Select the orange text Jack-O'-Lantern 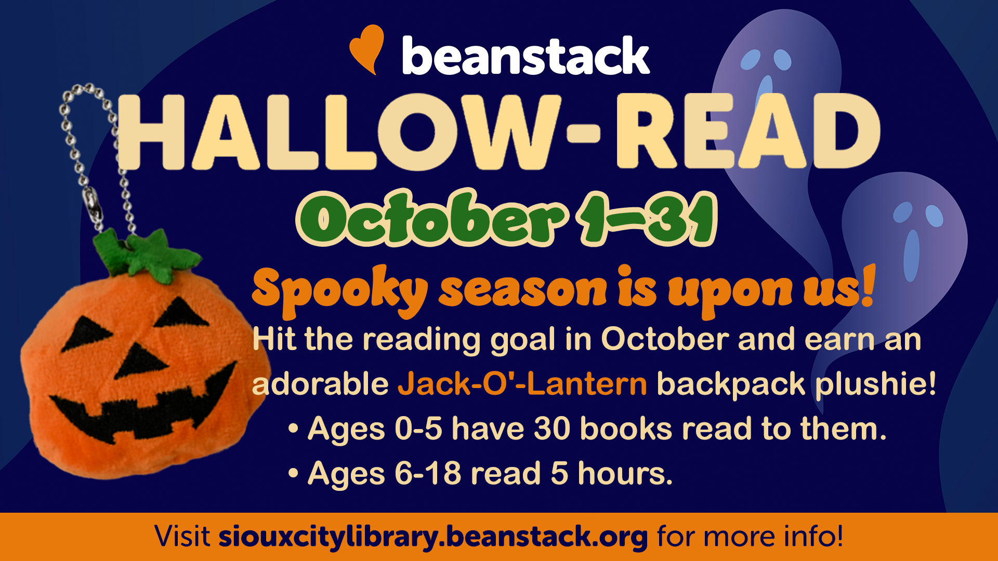pos(522,384)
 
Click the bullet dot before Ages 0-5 pos(294,430)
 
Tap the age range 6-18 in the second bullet pos(428,474)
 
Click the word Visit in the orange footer pos(182,536)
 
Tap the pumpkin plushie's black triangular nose pos(140,360)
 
